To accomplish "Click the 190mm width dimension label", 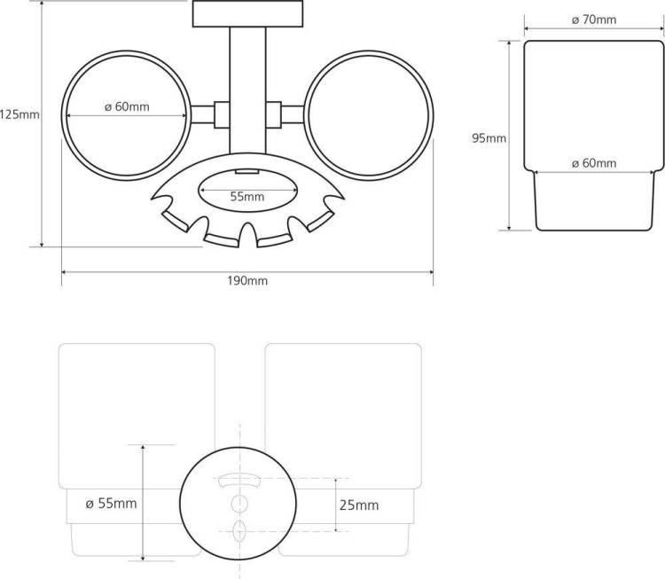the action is click(247, 281).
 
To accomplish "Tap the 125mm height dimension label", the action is click(20, 114).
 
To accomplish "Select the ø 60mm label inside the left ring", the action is click(127, 106).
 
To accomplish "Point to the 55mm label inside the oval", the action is click(247, 196).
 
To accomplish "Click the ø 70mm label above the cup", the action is click(594, 20).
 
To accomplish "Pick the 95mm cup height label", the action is click(489, 138).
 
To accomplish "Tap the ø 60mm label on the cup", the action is click(594, 163).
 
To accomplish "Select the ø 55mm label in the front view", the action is click(111, 504).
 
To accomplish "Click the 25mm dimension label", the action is click(359, 505).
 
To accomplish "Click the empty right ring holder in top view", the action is click(432, 115).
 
